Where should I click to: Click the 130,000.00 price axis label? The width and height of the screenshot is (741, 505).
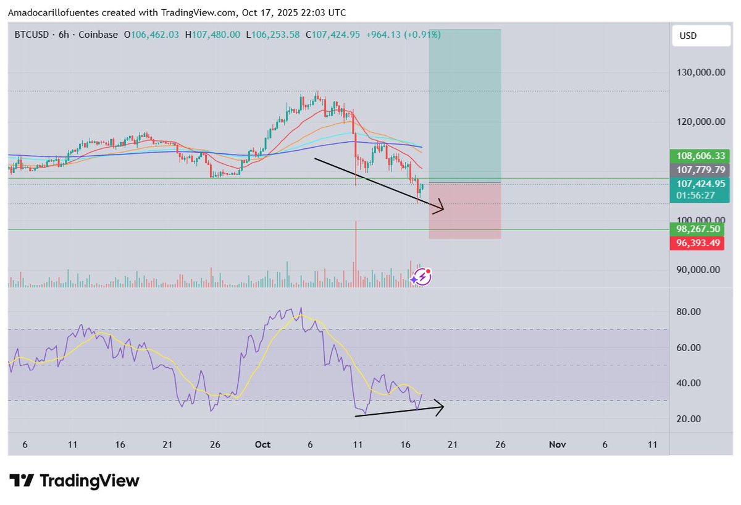(x=700, y=72)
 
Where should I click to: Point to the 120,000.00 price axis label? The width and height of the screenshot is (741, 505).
(x=700, y=122)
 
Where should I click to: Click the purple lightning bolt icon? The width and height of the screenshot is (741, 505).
(x=422, y=277)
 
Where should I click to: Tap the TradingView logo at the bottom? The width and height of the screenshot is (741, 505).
(x=75, y=481)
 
